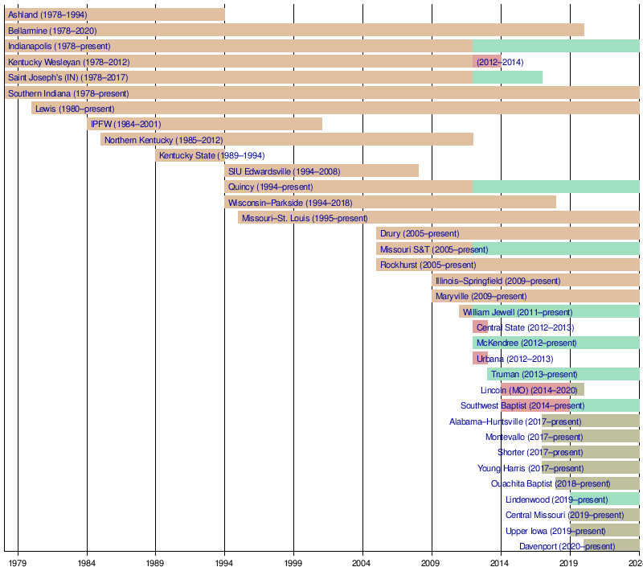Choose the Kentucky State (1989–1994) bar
pyautogui.click(x=190, y=155)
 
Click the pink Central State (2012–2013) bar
pyautogui.click(x=480, y=327)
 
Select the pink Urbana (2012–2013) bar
pyautogui.click(x=480, y=359)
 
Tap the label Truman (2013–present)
pyautogui.click(x=534, y=374)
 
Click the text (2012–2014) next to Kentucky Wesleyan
pyautogui.click(x=499, y=62)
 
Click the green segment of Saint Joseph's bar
pyautogui.click(x=507, y=77)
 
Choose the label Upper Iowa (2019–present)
pyautogui.click(x=555, y=531)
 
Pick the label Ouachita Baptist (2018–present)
pyautogui.click(x=551, y=483)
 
